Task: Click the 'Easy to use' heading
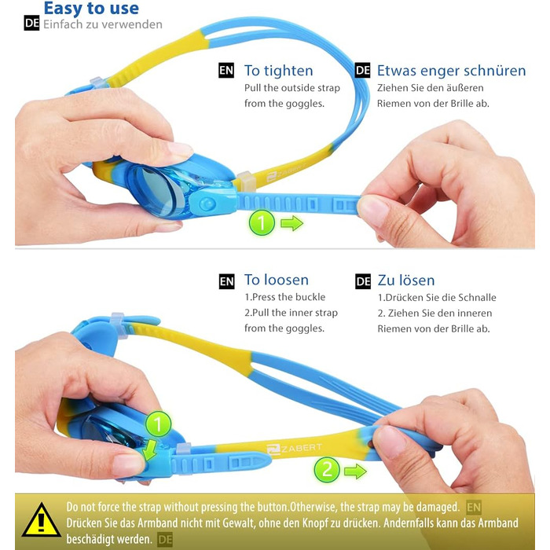pos(91,9)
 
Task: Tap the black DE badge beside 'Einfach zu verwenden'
pos(31,23)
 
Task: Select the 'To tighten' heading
pos(278,71)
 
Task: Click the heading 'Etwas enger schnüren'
pos(452,71)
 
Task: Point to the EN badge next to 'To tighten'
pos(226,71)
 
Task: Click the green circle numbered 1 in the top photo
pos(262,222)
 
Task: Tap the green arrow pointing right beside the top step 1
pos(291,223)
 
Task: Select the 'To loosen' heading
pos(277,280)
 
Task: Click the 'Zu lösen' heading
pos(406,280)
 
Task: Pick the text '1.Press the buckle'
pos(284,297)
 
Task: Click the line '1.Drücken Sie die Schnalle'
pos(437,298)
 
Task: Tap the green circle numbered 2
pos(327,470)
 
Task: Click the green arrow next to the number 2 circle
pos(355,471)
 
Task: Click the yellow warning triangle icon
pos(42,520)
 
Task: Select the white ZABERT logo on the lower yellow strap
pos(294,449)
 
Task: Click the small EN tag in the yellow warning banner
pos(474,508)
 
